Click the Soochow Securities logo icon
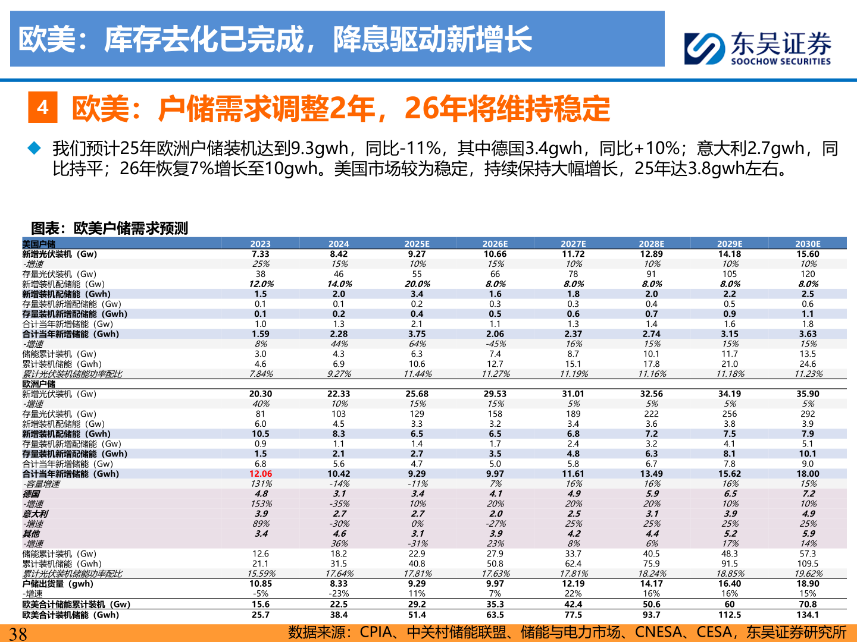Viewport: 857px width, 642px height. pos(705,48)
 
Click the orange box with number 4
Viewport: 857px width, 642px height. pos(43,107)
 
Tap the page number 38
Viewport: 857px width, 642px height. pos(18,633)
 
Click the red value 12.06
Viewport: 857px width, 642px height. pos(261,474)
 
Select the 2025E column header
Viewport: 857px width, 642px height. pos(417,244)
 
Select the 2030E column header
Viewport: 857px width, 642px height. pos(808,244)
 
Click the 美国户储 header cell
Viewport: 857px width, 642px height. pos(39,244)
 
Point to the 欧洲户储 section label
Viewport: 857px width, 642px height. pos(39,384)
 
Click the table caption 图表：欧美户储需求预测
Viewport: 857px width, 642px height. pos(110,228)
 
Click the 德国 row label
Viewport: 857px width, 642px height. pos(31,494)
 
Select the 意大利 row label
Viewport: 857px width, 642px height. pos(35,514)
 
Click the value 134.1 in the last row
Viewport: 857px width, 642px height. pos(808,615)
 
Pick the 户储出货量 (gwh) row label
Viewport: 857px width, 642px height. pos(58,584)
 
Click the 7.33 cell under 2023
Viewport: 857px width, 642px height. pos(261,254)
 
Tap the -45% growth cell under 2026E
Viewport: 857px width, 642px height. pos(495,344)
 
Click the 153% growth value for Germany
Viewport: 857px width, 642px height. pos(261,503)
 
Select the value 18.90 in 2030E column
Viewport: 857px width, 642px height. pos(808,584)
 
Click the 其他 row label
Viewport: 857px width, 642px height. pos(31,534)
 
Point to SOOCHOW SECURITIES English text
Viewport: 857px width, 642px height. pos(780,61)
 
